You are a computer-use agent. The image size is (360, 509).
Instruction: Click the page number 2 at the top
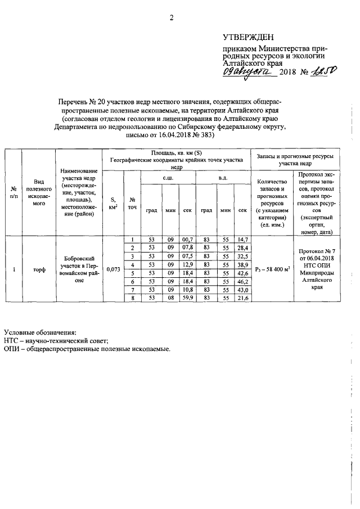point(172,17)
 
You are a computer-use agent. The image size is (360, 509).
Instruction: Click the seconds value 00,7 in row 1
point(187,240)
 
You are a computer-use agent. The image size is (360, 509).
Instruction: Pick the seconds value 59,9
point(187,298)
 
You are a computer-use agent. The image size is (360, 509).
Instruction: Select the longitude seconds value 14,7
point(242,240)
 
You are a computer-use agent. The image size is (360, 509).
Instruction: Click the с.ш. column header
point(168,178)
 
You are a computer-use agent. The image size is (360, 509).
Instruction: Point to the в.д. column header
point(223,178)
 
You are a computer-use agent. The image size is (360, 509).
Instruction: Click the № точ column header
point(131,203)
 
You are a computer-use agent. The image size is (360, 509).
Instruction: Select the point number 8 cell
point(131,298)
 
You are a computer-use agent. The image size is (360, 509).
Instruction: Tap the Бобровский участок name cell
point(79,268)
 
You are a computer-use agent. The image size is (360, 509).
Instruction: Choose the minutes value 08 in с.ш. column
point(169,298)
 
